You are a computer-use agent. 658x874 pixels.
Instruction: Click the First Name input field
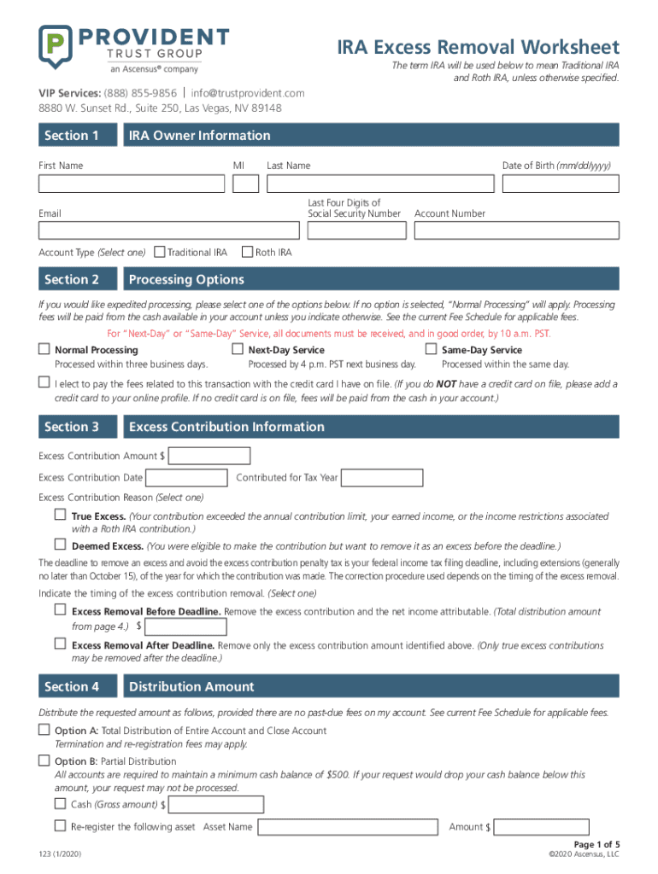click(132, 184)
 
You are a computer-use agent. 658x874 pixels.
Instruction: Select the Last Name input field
click(380, 184)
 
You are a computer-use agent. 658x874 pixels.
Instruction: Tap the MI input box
click(245, 184)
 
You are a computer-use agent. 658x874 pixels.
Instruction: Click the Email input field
click(167, 230)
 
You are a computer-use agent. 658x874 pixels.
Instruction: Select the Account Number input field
click(516, 230)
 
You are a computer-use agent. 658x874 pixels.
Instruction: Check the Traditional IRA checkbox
click(159, 252)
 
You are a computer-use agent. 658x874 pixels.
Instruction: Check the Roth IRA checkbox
click(247, 252)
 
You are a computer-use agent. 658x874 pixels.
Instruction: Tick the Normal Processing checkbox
click(44, 349)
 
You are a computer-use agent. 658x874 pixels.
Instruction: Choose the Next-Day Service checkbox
click(238, 349)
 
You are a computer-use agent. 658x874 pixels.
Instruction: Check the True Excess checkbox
click(60, 516)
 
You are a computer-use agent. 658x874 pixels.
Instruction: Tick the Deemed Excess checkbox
click(60, 545)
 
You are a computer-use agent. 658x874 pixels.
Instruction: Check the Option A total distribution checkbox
click(44, 730)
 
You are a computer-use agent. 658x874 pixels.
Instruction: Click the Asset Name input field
click(350, 826)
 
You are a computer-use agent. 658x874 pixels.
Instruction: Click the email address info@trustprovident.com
click(248, 92)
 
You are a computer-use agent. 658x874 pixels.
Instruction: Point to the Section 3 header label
click(72, 427)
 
